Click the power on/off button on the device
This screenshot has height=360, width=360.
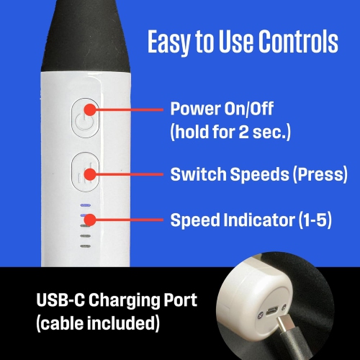point(85,117)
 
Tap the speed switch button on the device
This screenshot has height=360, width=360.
point(85,172)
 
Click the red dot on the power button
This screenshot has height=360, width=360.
point(90,110)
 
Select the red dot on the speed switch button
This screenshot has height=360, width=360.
point(90,174)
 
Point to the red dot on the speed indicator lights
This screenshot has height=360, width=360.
point(90,220)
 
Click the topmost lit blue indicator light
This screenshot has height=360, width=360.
point(86,205)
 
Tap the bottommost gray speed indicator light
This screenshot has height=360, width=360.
point(86,246)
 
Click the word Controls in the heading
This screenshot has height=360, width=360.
point(299,41)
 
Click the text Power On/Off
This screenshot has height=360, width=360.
point(222,109)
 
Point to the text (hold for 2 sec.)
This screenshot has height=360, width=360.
point(230,132)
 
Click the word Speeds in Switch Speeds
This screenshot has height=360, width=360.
point(260,174)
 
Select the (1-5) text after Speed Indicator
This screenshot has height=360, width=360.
point(315,220)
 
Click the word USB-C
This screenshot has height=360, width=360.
point(60,300)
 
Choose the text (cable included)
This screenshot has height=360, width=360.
point(98,323)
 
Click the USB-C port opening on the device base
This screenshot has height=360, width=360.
point(272,312)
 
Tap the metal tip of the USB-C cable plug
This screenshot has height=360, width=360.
point(284,323)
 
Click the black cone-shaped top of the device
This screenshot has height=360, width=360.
point(86,36)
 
